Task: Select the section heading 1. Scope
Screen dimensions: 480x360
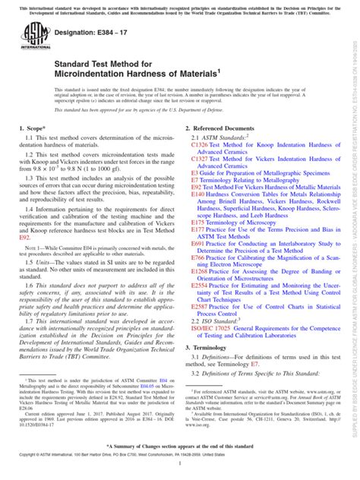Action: (36, 152)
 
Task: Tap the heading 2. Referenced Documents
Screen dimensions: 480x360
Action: (227, 152)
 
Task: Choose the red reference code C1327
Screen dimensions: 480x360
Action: (200, 186)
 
